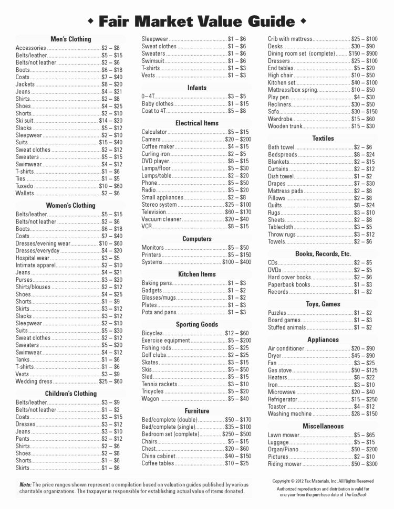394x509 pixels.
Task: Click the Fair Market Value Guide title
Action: [196, 21]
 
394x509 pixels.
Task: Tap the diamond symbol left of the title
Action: [90, 21]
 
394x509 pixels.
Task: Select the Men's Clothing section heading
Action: [71, 39]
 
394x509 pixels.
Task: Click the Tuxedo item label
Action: [25, 186]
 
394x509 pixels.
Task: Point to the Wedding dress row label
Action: [34, 381]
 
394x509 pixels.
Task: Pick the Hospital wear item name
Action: [33, 258]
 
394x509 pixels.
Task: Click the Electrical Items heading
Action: [196, 123]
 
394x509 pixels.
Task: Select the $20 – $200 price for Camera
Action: [238, 140]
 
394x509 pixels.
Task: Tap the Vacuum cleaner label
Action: [161, 219]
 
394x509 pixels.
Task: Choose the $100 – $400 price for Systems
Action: [236, 262]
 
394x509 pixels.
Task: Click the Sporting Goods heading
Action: [196, 324]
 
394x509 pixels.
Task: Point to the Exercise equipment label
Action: [165, 341]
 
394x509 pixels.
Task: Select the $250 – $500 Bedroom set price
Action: [236, 434]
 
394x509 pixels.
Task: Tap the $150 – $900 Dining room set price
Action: [363, 54]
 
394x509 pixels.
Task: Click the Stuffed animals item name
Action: [287, 327]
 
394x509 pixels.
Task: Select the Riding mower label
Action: [285, 464]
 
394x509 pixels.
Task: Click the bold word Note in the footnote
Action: [25, 484]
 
